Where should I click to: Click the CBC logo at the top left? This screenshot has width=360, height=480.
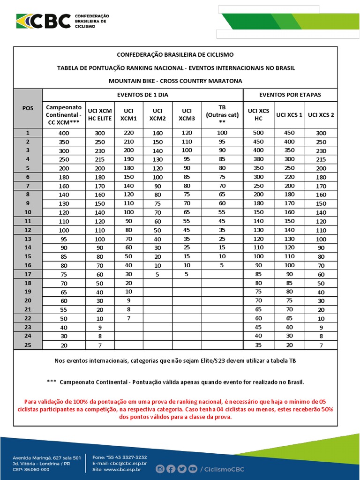pyautogui.click(x=44, y=21)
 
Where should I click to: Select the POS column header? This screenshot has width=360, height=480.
pyautogui.click(x=28, y=108)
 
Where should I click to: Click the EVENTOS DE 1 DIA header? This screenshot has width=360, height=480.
pyautogui.click(x=142, y=95)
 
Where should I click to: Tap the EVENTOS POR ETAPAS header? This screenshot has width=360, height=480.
pyautogui.click(x=290, y=95)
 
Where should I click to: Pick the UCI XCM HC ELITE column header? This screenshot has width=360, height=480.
pyautogui.click(x=100, y=114)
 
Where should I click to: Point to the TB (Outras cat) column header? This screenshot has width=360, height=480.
pyautogui.click(x=222, y=114)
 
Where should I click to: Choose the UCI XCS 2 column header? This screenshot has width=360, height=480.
pyautogui.click(x=321, y=114)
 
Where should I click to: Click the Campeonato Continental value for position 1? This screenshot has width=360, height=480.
pyautogui.click(x=64, y=133)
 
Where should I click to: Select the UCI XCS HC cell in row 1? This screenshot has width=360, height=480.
pyautogui.click(x=258, y=133)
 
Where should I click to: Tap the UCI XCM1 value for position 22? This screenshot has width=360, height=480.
pyautogui.click(x=129, y=318)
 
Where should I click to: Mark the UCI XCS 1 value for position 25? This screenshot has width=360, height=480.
pyautogui.click(x=289, y=345)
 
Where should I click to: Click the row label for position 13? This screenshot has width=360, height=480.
pyautogui.click(x=28, y=239)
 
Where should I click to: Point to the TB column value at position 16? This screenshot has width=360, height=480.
pyautogui.click(x=222, y=265)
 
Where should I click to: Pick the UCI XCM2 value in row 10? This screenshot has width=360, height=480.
pyautogui.click(x=157, y=212)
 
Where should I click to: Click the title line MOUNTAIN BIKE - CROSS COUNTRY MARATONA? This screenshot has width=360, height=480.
pyautogui.click(x=175, y=81)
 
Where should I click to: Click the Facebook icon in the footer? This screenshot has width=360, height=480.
pyautogui.click(x=171, y=469)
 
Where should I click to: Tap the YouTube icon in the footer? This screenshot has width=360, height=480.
pyautogui.click(x=192, y=469)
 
